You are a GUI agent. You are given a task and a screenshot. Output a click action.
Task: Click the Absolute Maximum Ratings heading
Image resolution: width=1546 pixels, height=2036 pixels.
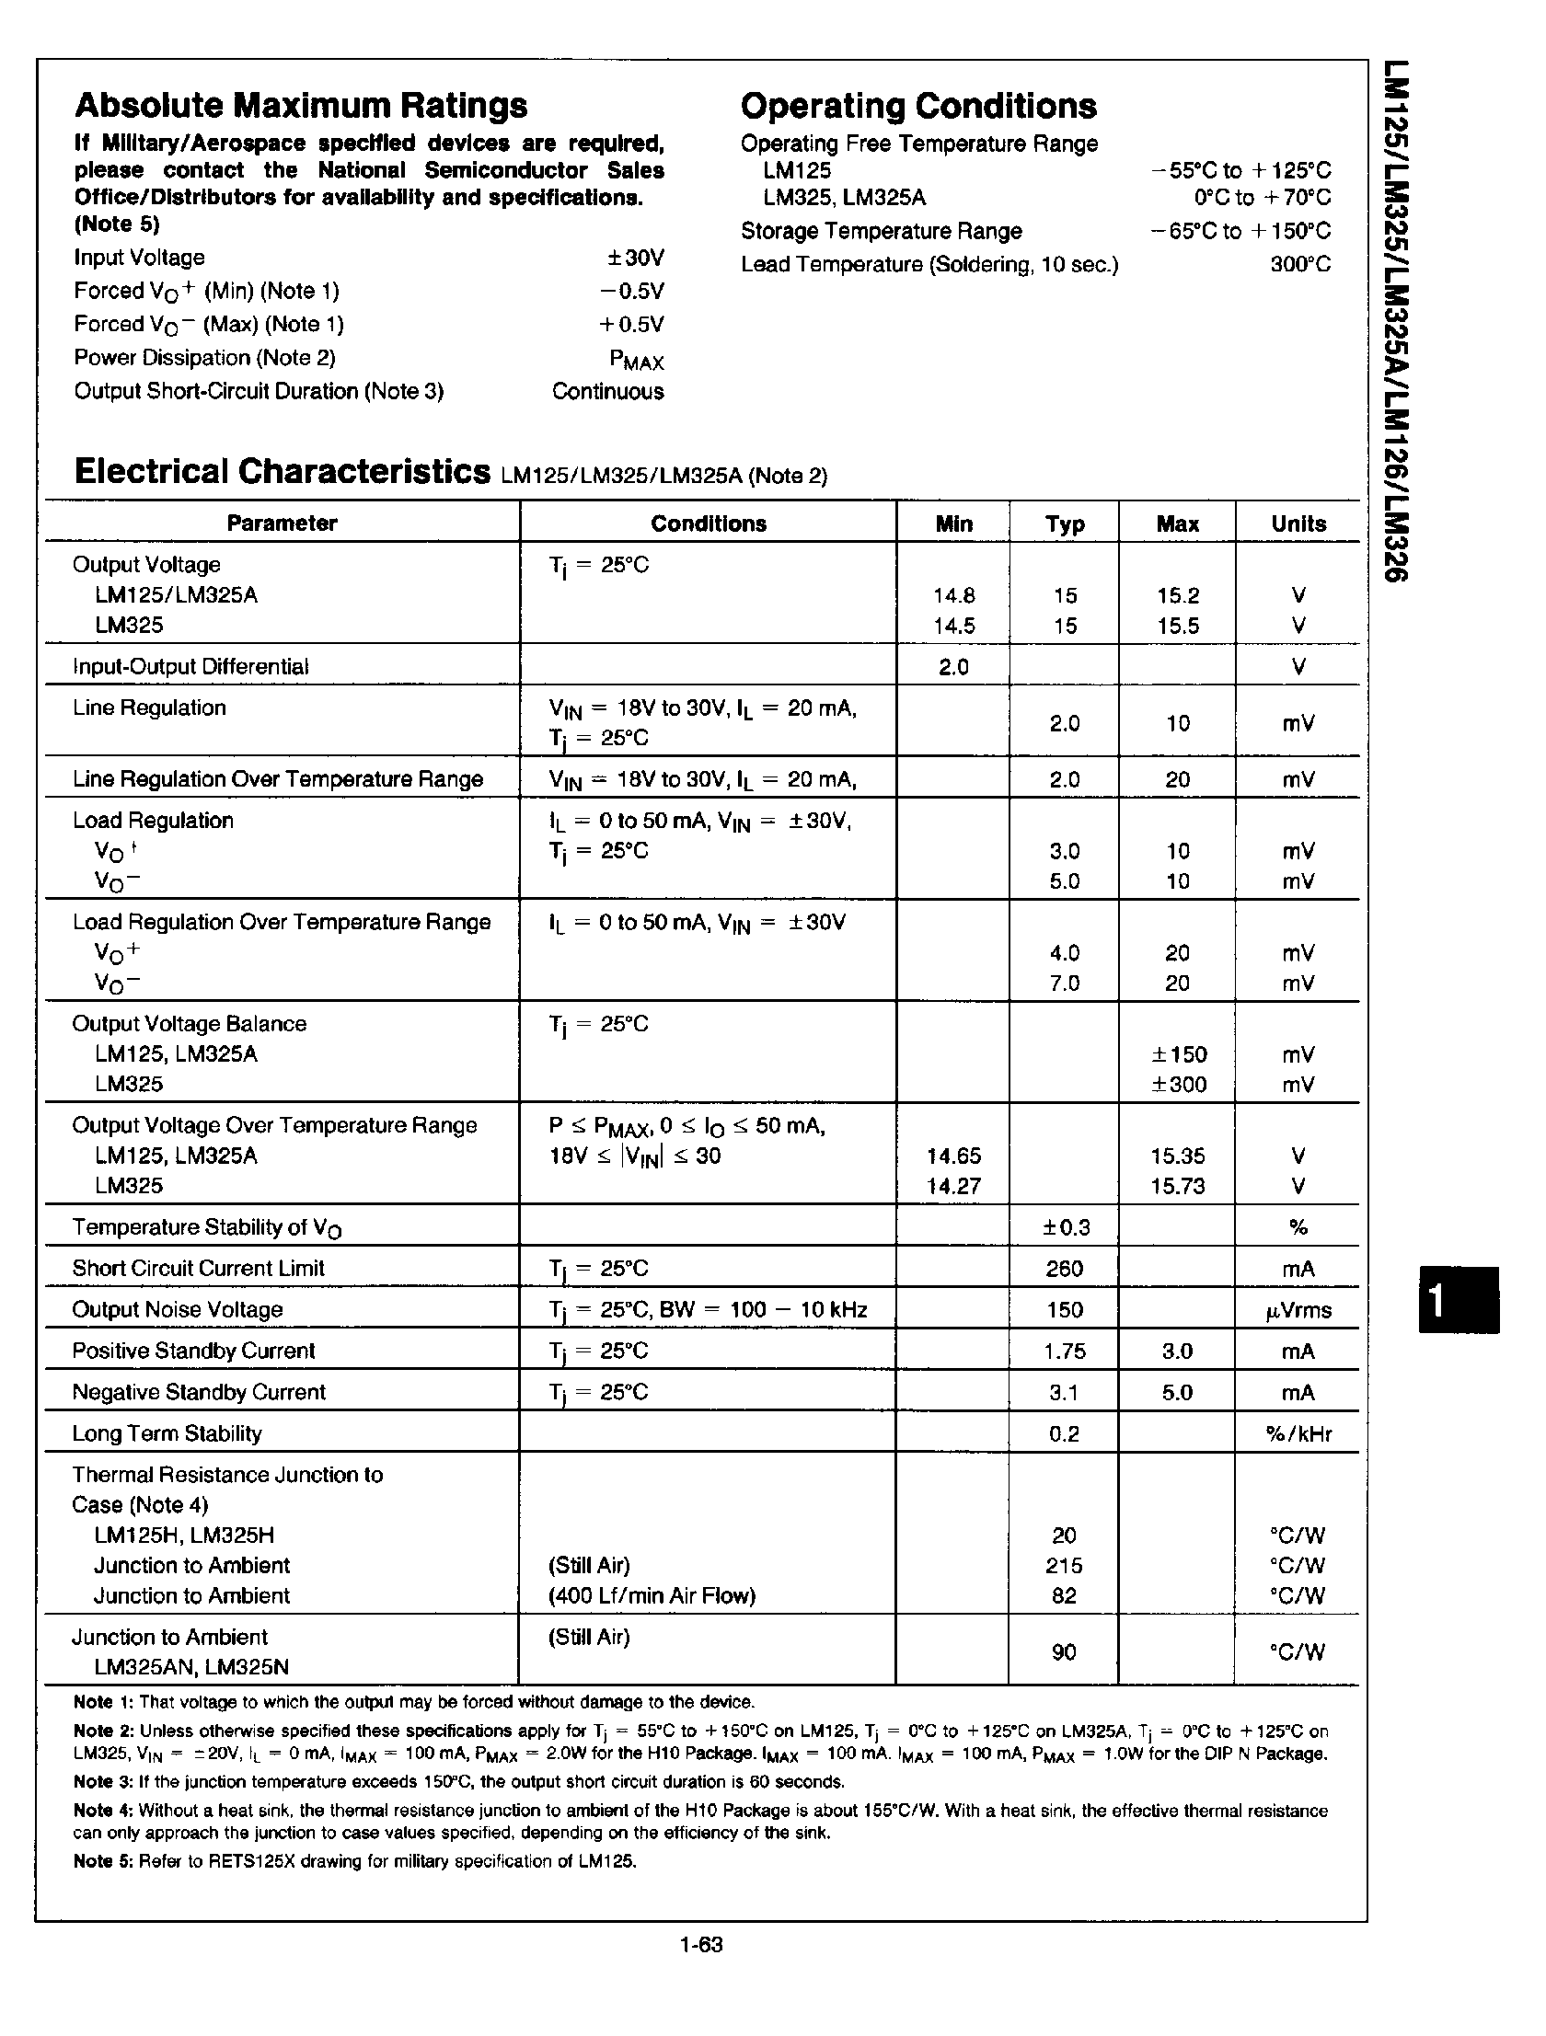[x=301, y=106]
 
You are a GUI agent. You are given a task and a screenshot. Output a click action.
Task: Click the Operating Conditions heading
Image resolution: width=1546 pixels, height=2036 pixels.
[x=918, y=106]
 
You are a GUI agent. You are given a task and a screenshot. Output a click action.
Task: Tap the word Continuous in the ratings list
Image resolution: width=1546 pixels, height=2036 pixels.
[x=607, y=391]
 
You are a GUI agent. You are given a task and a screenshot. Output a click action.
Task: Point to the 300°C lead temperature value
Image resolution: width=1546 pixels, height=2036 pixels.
[x=1300, y=265]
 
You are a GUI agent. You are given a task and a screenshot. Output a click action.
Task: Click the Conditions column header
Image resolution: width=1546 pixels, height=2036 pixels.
[x=708, y=523]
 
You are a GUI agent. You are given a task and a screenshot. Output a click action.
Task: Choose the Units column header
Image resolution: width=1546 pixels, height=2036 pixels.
[x=1298, y=523]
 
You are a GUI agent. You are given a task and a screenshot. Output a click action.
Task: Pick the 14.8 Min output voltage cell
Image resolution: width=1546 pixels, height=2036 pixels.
[x=954, y=595]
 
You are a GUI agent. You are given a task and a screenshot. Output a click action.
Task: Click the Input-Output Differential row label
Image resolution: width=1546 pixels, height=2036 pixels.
[x=190, y=666]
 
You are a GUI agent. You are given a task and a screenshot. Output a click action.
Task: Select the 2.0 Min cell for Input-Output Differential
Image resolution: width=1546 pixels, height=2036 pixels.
[x=954, y=666]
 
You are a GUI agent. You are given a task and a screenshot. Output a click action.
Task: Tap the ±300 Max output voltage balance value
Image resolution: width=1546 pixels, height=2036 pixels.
[x=1179, y=1085]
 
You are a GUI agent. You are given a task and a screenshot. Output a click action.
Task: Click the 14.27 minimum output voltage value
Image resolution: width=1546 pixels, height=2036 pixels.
[x=954, y=1187]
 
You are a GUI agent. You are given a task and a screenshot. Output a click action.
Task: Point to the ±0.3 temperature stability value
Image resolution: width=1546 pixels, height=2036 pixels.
[x=1066, y=1227]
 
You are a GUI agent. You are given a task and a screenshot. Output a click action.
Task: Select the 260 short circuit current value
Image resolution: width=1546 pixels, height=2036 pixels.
[x=1065, y=1269]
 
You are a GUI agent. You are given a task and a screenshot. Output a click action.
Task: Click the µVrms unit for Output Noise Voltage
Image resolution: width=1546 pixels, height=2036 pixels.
[x=1298, y=1310]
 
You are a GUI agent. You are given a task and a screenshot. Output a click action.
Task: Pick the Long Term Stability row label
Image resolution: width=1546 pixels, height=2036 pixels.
[x=167, y=1433]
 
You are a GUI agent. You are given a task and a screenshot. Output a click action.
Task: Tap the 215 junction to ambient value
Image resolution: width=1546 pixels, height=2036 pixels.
[x=1065, y=1566]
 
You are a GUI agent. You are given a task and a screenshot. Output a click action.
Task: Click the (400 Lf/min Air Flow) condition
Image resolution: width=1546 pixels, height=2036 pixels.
[x=652, y=1596]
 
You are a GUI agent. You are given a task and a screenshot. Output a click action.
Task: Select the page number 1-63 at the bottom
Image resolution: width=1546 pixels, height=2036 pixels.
[x=700, y=1945]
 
